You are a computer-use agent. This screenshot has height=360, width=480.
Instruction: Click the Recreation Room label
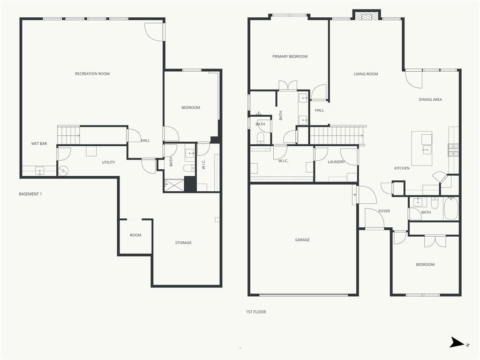(92, 74)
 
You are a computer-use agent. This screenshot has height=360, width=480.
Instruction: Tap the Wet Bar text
(39, 143)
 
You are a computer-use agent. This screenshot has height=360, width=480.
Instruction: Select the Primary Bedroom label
(290, 57)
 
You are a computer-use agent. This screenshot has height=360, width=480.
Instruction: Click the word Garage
(302, 240)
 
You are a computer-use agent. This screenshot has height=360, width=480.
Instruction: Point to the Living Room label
(366, 74)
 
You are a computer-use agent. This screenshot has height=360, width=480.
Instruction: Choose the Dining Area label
(430, 99)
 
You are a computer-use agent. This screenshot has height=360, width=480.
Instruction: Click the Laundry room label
(336, 162)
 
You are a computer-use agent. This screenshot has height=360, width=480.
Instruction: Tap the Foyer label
(384, 211)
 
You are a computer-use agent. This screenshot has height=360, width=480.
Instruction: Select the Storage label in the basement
(183, 243)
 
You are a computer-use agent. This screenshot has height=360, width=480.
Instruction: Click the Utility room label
(108, 162)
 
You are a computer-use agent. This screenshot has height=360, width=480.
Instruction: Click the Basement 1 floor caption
(30, 194)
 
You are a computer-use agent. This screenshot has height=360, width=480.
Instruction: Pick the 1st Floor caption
(256, 312)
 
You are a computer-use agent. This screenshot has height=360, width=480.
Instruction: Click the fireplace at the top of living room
(367, 15)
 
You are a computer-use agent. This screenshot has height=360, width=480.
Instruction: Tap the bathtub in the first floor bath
(450, 209)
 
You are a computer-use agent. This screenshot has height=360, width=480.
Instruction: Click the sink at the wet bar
(40, 171)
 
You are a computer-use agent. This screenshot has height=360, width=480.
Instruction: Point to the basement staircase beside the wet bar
(68, 135)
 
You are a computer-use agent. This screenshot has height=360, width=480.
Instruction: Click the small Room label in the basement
(135, 235)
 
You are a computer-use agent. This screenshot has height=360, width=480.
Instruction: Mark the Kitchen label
(402, 168)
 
